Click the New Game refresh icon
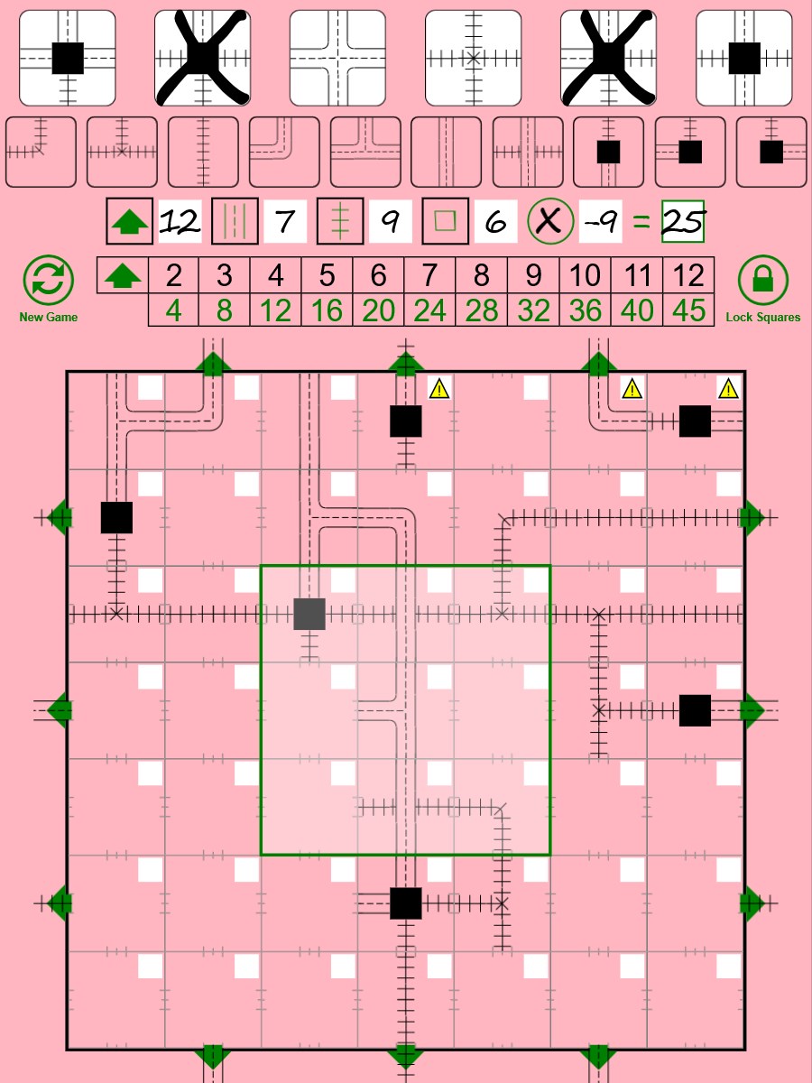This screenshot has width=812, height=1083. pyautogui.click(x=49, y=279)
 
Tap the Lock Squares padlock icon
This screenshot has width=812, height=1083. pyautogui.click(x=762, y=279)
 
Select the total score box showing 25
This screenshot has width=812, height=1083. pyautogui.click(x=683, y=221)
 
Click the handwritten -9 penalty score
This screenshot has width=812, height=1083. pyautogui.click(x=600, y=222)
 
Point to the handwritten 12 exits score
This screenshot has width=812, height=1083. pyautogui.click(x=180, y=221)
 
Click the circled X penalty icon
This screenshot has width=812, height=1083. pyautogui.click(x=549, y=221)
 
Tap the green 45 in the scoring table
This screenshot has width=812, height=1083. pyautogui.click(x=688, y=310)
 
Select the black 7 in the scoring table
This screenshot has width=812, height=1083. pyautogui.click(x=429, y=274)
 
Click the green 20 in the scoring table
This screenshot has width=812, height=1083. pyautogui.click(x=378, y=310)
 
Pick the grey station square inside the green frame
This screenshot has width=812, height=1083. pyautogui.click(x=309, y=614)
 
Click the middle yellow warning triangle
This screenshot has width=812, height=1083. pyautogui.click(x=632, y=388)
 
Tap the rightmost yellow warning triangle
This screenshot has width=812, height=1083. pyautogui.click(x=728, y=388)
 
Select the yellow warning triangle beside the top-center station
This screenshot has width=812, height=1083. pyautogui.click(x=438, y=388)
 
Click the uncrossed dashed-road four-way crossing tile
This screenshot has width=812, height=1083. pyautogui.click(x=337, y=59)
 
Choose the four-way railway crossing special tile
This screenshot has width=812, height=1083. pyautogui.click(x=474, y=59)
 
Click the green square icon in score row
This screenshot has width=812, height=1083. pyautogui.click(x=445, y=221)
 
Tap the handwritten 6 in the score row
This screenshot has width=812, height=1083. pyautogui.click(x=495, y=222)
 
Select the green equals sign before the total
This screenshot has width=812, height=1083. pyautogui.click(x=641, y=221)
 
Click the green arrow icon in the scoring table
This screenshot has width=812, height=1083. pyautogui.click(x=124, y=275)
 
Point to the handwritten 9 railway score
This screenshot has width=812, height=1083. pyautogui.click(x=390, y=222)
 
